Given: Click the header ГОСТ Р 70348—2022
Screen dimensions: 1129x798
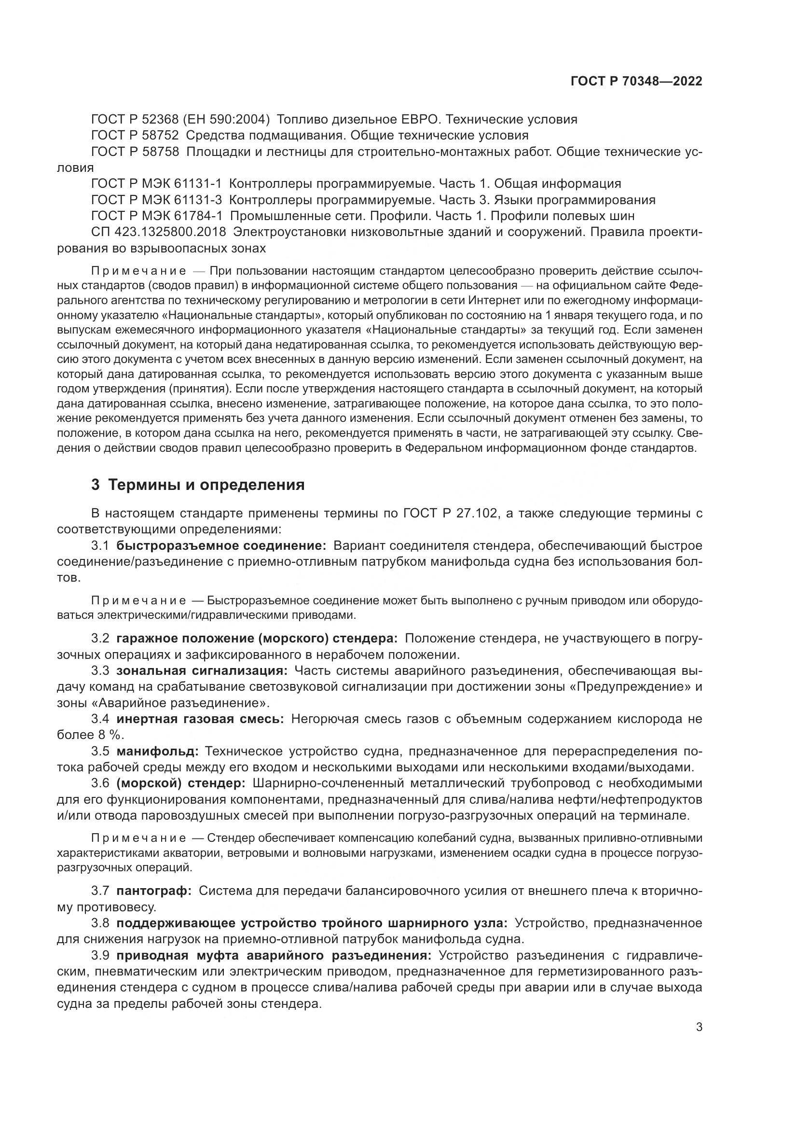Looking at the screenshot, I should pos(636,82).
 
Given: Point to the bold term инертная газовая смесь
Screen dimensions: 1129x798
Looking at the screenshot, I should pos(200,719).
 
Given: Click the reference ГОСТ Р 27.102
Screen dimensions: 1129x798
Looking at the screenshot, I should pos(452,514).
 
